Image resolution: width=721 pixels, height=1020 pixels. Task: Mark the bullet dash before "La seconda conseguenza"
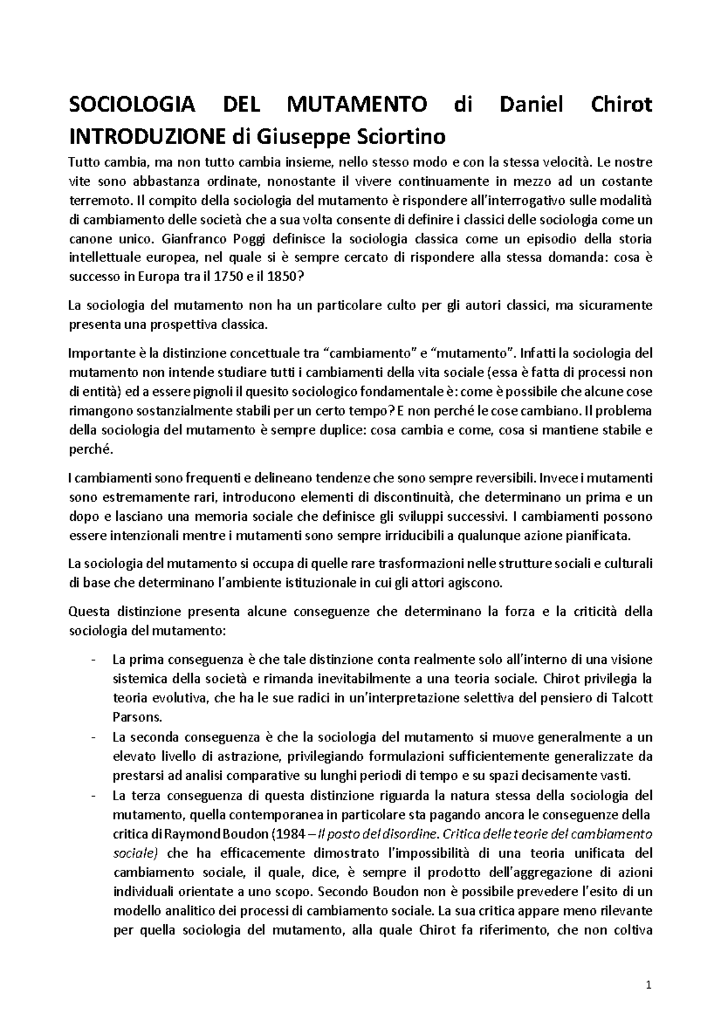pyautogui.click(x=93, y=737)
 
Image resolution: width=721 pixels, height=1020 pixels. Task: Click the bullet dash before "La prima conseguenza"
pyautogui.click(x=93, y=660)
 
